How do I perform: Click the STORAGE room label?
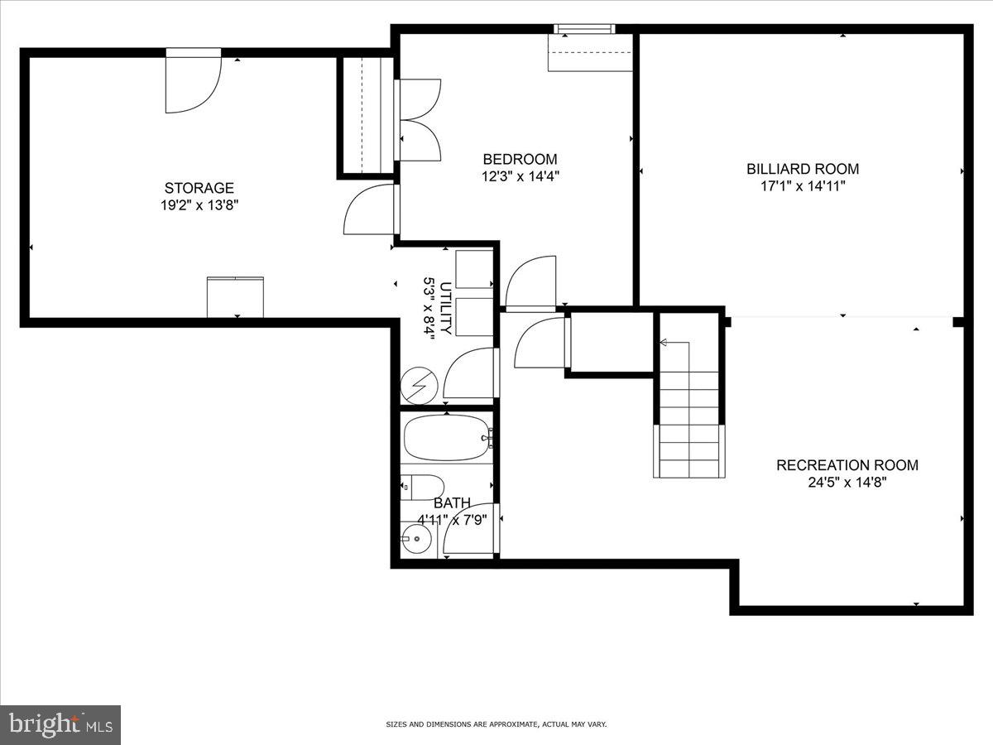click(x=199, y=188)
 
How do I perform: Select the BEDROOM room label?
click(x=520, y=159)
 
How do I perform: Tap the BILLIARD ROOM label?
click(x=803, y=169)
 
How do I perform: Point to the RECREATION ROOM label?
click(x=847, y=465)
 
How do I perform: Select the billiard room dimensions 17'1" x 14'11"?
click(x=803, y=186)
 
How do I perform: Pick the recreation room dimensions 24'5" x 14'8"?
click(x=847, y=483)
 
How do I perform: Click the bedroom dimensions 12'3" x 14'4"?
click(x=520, y=176)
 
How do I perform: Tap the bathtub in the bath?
click(x=448, y=437)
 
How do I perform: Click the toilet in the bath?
click(x=424, y=488)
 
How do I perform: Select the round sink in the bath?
click(x=417, y=542)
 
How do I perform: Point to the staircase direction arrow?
click(x=664, y=342)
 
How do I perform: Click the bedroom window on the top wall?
click(x=584, y=30)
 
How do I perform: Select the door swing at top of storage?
click(x=193, y=83)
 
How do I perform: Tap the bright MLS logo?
click(x=60, y=724)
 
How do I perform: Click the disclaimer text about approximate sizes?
click(x=496, y=724)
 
